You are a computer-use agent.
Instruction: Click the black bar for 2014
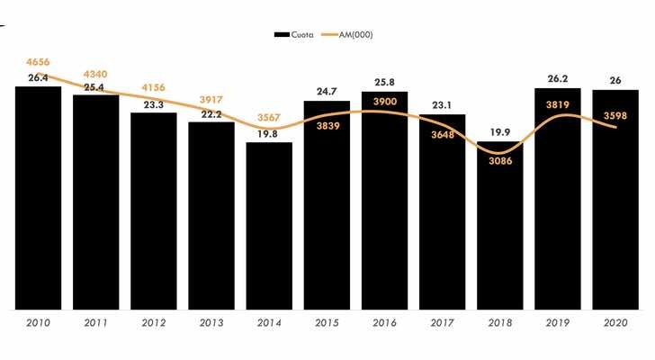pos(269,225)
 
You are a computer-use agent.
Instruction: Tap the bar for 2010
pos(38,198)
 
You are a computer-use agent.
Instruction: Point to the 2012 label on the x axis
pos(153,321)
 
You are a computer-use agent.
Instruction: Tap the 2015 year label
pos(327,321)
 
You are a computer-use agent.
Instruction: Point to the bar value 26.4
pos(38,78)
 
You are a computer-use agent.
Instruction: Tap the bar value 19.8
pos(269,134)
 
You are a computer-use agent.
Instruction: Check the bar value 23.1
pos(442,105)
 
